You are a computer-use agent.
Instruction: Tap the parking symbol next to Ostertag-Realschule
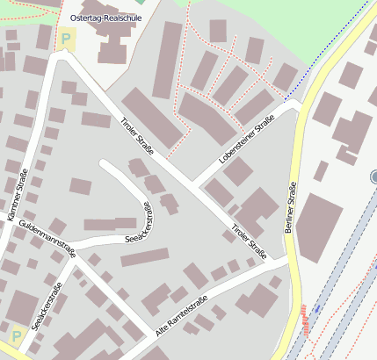click(x=67, y=39)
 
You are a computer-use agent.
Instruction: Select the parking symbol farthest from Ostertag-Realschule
click(x=16, y=335)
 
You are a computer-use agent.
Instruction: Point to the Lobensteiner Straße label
click(x=247, y=140)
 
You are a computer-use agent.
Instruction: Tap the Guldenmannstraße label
click(x=47, y=240)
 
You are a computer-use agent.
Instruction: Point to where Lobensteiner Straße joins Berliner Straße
click(x=297, y=105)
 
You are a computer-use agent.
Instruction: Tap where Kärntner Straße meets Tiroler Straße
click(x=58, y=57)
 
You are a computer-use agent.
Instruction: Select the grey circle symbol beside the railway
click(x=374, y=177)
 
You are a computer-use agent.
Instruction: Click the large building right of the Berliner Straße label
click(x=320, y=227)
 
